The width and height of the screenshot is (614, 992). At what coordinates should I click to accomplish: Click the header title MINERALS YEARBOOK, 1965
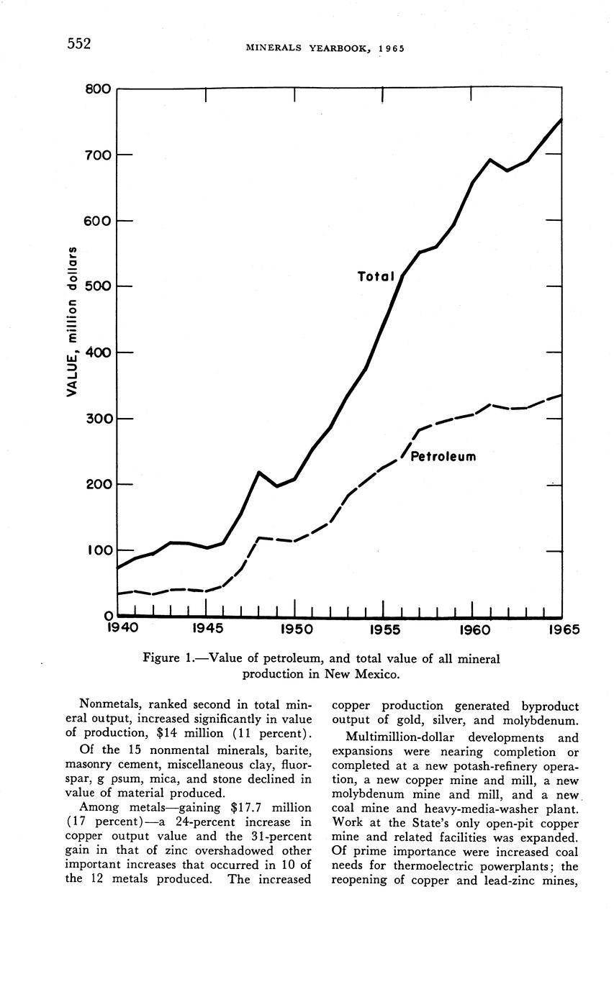[325, 49]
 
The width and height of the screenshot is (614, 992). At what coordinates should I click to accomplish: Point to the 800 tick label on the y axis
[97, 89]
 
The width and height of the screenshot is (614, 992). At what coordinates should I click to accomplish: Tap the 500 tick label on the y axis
[97, 286]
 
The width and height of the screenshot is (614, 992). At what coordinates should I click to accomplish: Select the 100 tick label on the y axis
[97, 550]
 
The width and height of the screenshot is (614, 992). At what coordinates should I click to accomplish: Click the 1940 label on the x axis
[122, 630]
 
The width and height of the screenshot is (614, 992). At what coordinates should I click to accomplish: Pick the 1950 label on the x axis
[295, 630]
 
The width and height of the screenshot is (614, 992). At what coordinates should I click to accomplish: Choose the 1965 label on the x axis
[562, 630]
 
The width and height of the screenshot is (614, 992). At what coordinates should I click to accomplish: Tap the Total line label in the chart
[376, 276]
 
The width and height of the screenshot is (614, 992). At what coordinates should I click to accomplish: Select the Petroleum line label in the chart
[443, 457]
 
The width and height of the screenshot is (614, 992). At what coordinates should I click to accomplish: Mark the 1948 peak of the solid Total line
[259, 472]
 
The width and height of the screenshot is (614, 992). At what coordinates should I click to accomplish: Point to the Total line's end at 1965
[561, 119]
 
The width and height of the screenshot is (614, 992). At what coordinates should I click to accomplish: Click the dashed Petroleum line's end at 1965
[561, 395]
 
